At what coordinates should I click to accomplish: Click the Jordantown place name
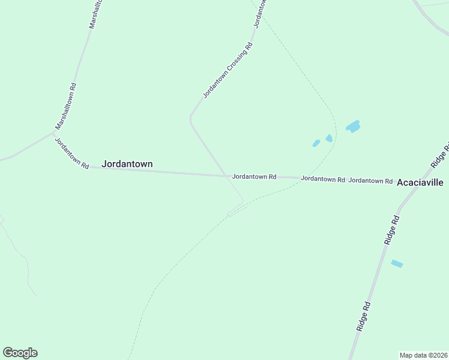[127, 164]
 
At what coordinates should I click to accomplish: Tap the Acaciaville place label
[420, 182]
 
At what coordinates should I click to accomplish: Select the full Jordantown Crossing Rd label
[228, 70]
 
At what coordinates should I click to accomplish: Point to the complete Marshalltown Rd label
[65, 106]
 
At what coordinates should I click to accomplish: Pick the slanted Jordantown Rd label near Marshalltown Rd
[72, 153]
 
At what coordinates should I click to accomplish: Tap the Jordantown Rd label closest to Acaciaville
[370, 180]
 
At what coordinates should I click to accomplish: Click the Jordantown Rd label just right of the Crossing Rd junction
[254, 177]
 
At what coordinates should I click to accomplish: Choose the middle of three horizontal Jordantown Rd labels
[323, 179]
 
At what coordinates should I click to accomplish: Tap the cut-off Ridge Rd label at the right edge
[441, 155]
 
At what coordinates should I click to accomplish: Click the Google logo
[20, 353]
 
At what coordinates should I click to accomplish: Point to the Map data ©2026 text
[423, 355]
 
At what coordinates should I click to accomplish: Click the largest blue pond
[353, 126]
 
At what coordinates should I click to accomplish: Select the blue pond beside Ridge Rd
[397, 263]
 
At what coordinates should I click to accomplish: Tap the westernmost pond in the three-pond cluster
[316, 143]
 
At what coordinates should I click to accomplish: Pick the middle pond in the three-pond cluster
[329, 138]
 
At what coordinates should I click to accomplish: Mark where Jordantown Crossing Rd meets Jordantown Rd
[226, 176]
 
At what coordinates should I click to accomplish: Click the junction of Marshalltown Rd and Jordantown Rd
[55, 133]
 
